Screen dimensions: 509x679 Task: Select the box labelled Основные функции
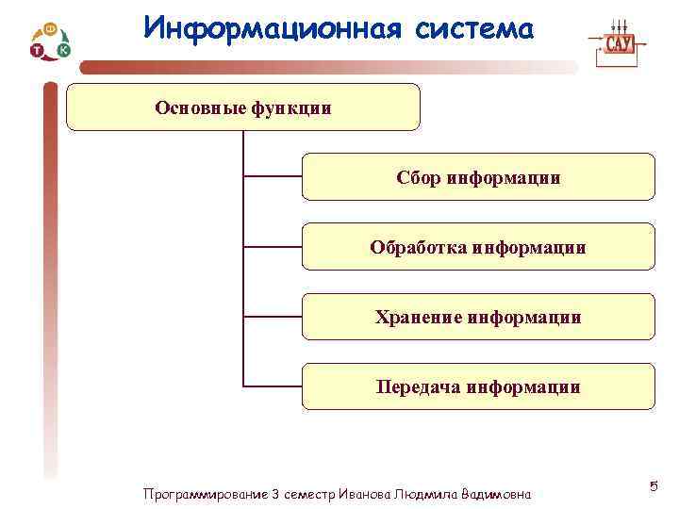pyautogui.click(x=243, y=107)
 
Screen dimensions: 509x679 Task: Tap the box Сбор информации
pyautogui.click(x=478, y=177)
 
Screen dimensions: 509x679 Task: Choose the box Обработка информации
pyautogui.click(x=478, y=247)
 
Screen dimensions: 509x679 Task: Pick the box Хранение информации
pyautogui.click(x=478, y=317)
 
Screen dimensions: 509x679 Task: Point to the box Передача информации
pyautogui.click(x=478, y=386)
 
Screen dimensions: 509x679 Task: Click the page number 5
pyautogui.click(x=653, y=486)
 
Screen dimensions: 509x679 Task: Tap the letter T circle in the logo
pyautogui.click(x=36, y=51)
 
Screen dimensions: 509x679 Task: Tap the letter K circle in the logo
pyautogui.click(x=63, y=49)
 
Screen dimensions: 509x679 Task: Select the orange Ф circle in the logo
pyautogui.click(x=52, y=29)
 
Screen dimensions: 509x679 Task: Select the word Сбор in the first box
pyautogui.click(x=418, y=177)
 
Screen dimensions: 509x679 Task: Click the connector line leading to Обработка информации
pyautogui.click(x=273, y=246)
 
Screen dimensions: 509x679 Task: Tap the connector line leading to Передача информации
pyautogui.click(x=273, y=386)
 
